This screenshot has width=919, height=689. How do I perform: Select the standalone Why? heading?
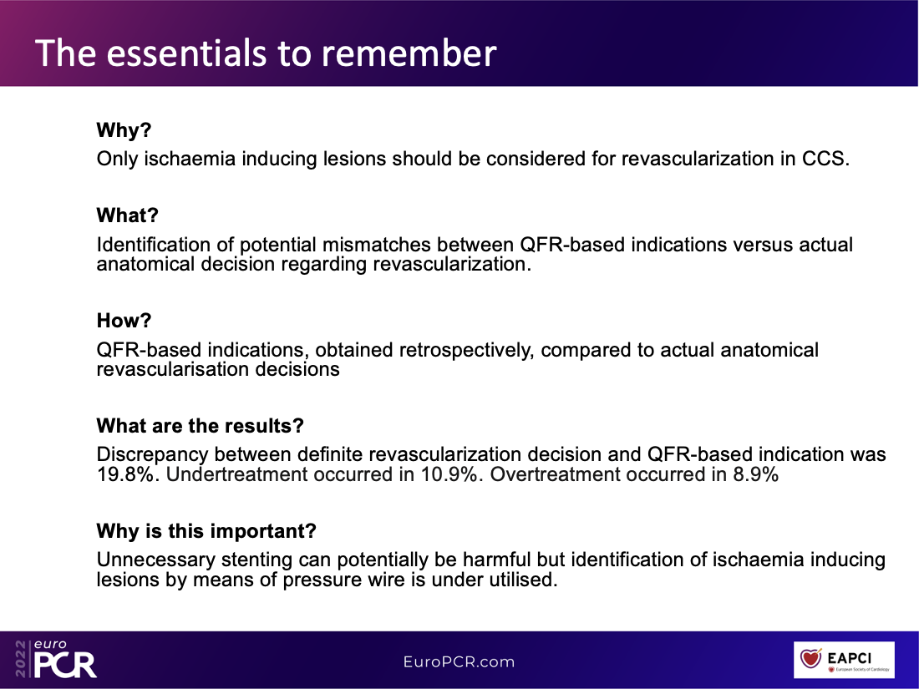[x=124, y=130]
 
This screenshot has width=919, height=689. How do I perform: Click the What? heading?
[x=127, y=215]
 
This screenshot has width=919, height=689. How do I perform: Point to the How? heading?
[x=124, y=321]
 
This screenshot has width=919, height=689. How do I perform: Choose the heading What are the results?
[x=200, y=426]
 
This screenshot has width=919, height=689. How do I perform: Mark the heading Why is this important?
[x=206, y=531]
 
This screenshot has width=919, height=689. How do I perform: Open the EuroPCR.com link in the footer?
[x=459, y=662]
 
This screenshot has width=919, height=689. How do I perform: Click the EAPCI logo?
[x=844, y=660]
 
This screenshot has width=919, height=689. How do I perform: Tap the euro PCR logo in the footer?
[x=56, y=659]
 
